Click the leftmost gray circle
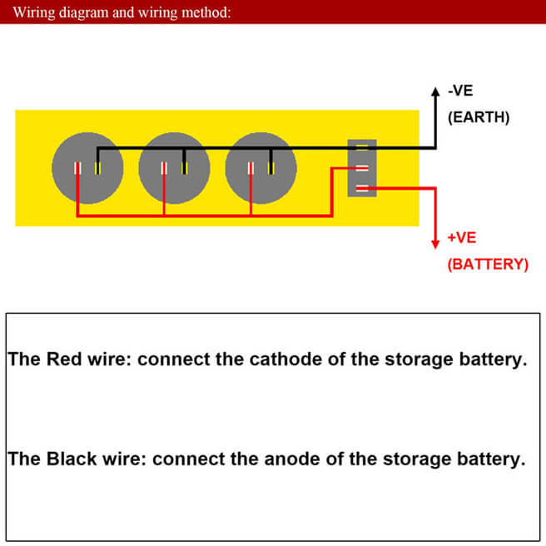(x=87, y=167)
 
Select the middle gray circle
(x=174, y=167)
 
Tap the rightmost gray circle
(x=261, y=167)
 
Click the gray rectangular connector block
(x=361, y=168)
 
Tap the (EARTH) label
(x=479, y=117)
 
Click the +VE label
(x=462, y=238)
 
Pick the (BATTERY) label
(x=488, y=265)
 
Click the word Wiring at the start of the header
(x=34, y=12)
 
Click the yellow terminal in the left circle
(x=97, y=168)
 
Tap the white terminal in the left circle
(x=77, y=168)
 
